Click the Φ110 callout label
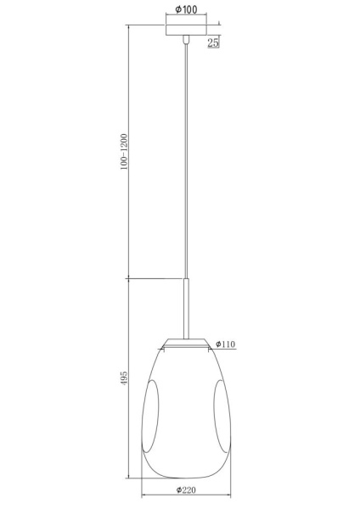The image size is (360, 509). (225, 344)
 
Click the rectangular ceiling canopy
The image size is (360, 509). (186, 31)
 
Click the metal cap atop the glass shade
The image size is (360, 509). (186, 342)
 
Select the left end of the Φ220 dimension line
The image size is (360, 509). (141, 497)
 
